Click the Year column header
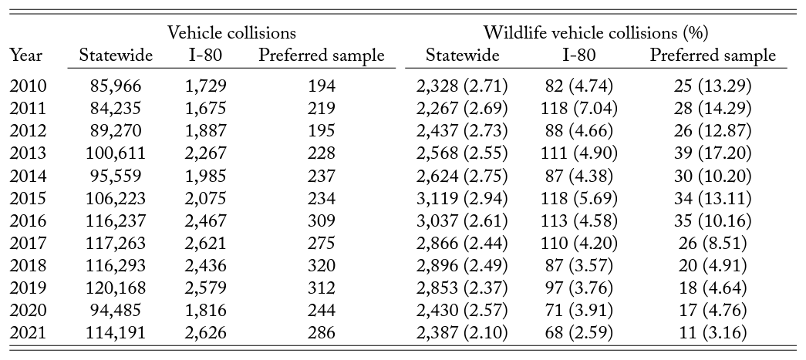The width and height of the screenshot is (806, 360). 26,56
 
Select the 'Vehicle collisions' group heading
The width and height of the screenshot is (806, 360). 231,33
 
